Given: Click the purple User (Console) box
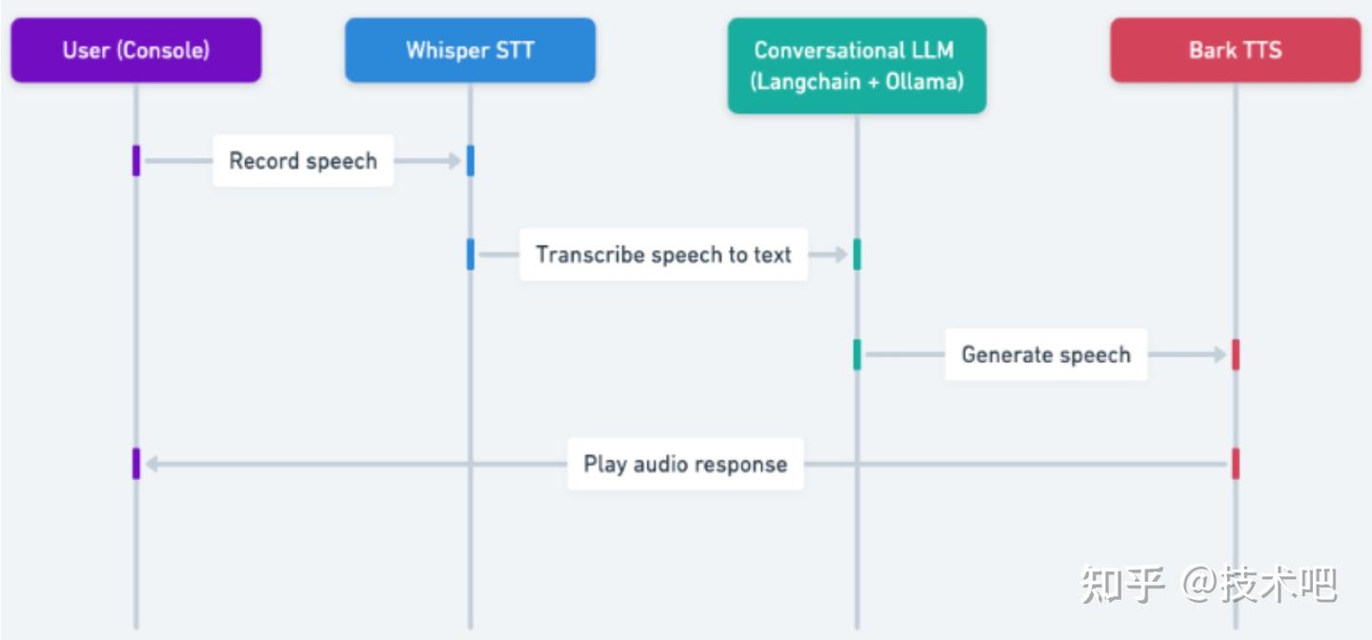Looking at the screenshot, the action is point(136,50).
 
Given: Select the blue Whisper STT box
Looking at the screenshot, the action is point(470,50).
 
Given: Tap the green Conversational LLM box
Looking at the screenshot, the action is point(857,66).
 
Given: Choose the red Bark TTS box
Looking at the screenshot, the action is point(1236,50).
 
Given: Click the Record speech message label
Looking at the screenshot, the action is point(303,161).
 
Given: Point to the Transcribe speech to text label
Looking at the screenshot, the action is point(663,254).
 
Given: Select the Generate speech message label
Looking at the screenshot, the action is point(1046,354).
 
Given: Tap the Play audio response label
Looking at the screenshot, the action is point(685,464).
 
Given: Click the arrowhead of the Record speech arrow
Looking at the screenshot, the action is point(454,161).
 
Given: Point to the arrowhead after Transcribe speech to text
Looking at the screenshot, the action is point(841,254).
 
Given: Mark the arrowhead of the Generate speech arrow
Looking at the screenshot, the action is point(1220,354).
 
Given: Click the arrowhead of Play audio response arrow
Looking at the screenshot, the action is point(152,464).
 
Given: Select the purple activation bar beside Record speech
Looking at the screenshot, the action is point(136,161).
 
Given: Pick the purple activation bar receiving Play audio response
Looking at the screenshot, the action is point(136,464).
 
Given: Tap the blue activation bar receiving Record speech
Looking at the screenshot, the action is point(471,161).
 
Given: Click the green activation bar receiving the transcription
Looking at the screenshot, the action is point(857,254).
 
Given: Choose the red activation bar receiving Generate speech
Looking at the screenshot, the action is point(1236,354).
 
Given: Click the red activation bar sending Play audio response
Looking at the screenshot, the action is point(1236,464).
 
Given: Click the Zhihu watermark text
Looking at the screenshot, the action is point(1208,584).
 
